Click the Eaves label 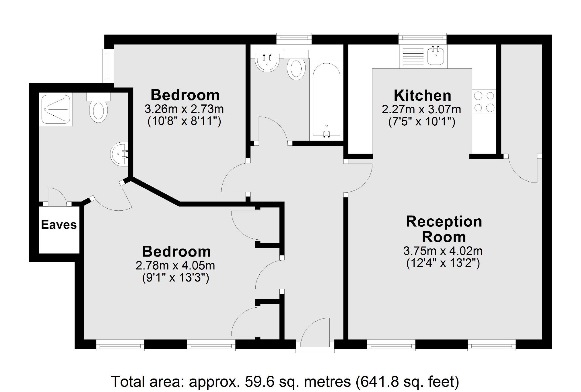click(59, 225)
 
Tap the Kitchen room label click(422, 96)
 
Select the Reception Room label click(444, 229)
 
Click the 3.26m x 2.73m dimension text click(184, 109)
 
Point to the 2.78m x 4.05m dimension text click(175, 265)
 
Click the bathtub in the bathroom click(327, 100)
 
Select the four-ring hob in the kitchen click(484, 101)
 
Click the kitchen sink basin click(436, 56)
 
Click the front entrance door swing click(315, 330)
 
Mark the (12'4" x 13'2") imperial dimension click(443, 263)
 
